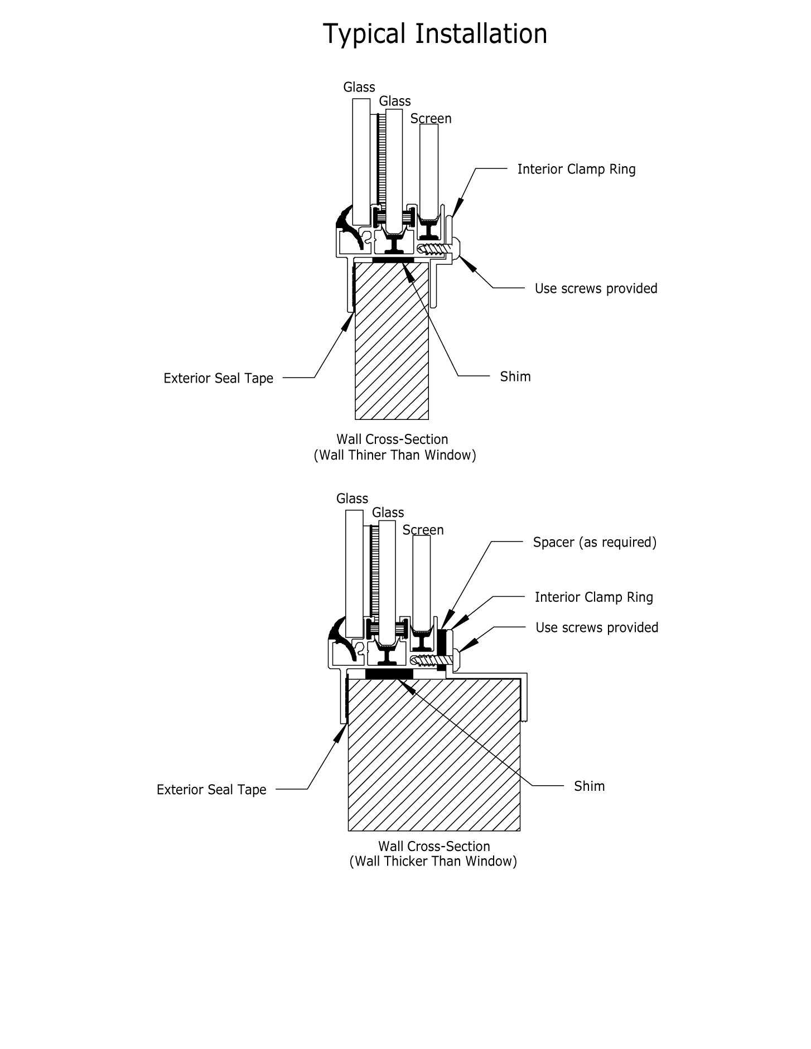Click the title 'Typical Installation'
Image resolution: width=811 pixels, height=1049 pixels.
coord(435,34)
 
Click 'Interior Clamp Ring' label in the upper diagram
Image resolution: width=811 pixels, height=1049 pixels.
coord(576,170)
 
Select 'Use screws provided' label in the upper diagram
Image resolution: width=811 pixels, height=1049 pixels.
coord(596,289)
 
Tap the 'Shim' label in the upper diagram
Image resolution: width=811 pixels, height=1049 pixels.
coord(515,377)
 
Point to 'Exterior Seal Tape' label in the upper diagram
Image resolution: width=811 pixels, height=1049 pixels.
coord(218,379)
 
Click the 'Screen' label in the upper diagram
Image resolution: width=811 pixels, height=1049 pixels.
coord(431,119)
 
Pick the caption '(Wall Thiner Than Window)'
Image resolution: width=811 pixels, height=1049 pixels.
coord(395,456)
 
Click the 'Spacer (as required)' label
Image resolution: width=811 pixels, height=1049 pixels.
coord(595,543)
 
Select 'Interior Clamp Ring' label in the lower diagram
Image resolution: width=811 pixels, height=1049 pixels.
coord(593,598)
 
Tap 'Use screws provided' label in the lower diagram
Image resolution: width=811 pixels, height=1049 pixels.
coord(597,628)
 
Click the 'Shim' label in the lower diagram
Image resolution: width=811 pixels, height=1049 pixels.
coord(589,786)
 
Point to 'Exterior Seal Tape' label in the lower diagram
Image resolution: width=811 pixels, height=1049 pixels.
coord(211,790)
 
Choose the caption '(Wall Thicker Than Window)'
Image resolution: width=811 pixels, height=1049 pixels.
coord(433,862)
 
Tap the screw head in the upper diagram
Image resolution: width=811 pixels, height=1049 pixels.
coord(456,247)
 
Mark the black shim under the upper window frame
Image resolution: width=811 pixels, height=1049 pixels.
coord(393,260)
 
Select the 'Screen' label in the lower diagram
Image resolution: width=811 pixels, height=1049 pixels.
coord(423,530)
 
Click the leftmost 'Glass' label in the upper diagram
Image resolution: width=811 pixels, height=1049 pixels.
coord(359,88)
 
